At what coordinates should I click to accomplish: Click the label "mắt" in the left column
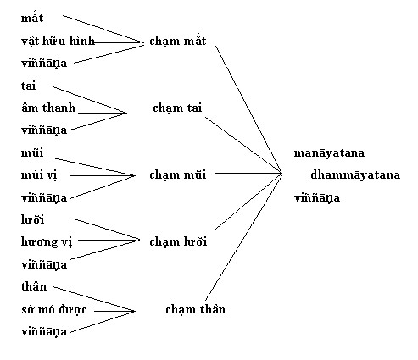pos(32,18)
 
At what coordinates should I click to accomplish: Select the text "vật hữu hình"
pos(58,42)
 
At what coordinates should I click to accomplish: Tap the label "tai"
pos(28,86)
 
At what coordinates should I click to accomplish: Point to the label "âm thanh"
pos(48,108)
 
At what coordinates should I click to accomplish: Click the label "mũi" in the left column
pos(32,152)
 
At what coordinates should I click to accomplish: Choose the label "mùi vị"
pos(39,175)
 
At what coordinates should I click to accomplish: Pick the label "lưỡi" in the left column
pos(32,219)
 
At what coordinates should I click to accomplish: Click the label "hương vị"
pos(47,242)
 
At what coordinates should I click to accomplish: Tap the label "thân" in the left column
pos(34,286)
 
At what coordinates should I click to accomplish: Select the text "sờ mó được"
pos(54,309)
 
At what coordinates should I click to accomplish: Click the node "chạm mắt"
pos(178,41)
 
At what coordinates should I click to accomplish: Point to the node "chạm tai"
pos(177,108)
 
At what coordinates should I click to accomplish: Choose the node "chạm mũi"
pos(178,174)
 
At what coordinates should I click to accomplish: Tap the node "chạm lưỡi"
pos(178,241)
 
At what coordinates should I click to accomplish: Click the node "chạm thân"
pos(196,309)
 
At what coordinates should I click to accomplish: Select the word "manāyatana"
pos(329,152)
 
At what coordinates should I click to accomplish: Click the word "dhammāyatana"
pos(355,174)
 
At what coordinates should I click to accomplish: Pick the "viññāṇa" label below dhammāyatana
pos(317,197)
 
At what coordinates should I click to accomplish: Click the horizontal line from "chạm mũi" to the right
pos(248,173)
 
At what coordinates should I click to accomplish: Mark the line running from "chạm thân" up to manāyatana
pos(243,236)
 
